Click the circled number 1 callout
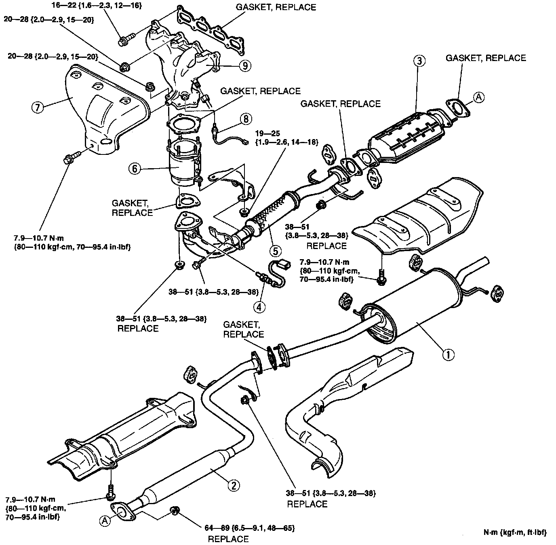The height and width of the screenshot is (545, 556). [448, 355]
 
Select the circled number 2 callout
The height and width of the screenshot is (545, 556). [233, 485]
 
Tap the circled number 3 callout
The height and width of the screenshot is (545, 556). [419, 61]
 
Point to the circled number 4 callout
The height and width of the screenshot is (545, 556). [260, 306]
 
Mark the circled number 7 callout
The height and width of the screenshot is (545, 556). [38, 108]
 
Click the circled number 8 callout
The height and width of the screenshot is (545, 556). [246, 119]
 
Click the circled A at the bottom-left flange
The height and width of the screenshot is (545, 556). [105, 521]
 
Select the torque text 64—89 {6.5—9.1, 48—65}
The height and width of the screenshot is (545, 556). [248, 528]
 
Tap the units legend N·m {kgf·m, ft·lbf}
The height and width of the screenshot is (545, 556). [515, 532]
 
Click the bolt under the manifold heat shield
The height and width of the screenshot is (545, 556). [69, 159]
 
